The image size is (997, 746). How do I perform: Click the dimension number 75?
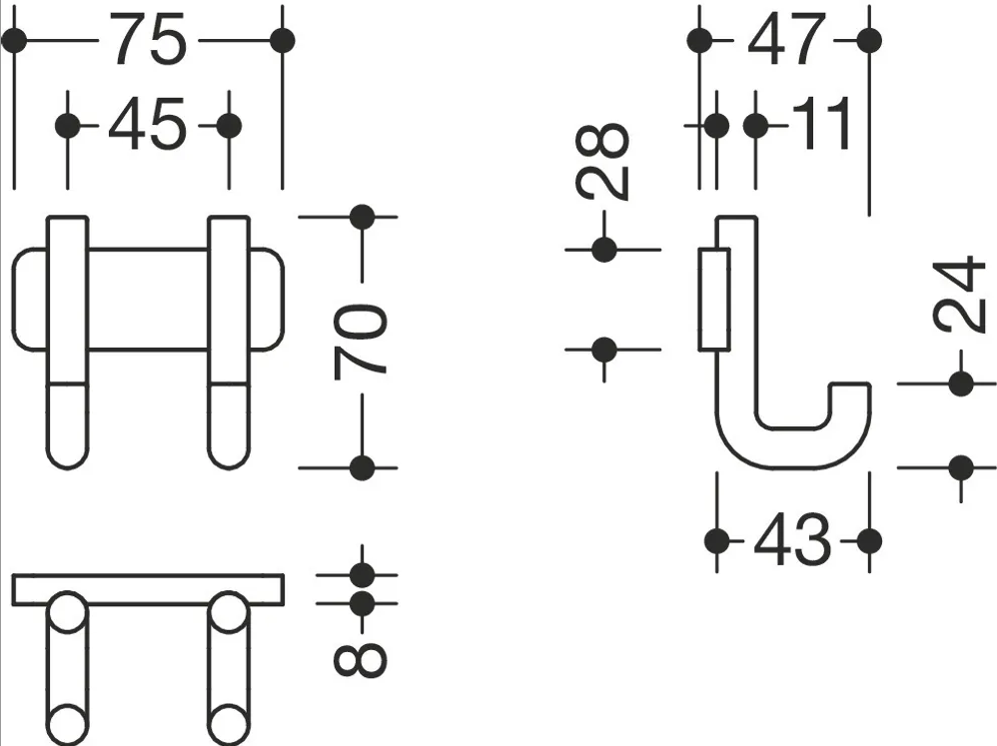point(149,39)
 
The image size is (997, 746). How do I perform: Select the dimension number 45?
point(147,125)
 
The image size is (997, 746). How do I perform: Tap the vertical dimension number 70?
point(360,342)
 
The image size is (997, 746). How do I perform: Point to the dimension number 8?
point(360,659)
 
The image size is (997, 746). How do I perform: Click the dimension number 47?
point(786,39)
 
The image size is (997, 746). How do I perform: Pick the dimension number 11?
point(822,125)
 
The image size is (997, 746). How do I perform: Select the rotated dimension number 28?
point(602,161)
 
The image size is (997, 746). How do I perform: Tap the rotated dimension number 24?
point(960,295)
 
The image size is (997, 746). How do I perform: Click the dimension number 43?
point(792,540)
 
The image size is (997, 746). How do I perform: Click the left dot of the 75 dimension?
point(14,41)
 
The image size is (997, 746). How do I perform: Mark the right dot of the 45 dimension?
point(229,126)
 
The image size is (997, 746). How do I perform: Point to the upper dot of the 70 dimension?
point(363,218)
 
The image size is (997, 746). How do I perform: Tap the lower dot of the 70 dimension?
point(363,467)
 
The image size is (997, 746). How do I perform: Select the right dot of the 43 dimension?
point(869,541)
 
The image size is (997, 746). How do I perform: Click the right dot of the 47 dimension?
point(869,41)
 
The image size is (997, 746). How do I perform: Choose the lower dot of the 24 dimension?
point(961,468)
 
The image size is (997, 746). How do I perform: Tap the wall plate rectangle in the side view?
point(714,300)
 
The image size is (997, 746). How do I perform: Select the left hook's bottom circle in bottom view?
point(67,725)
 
